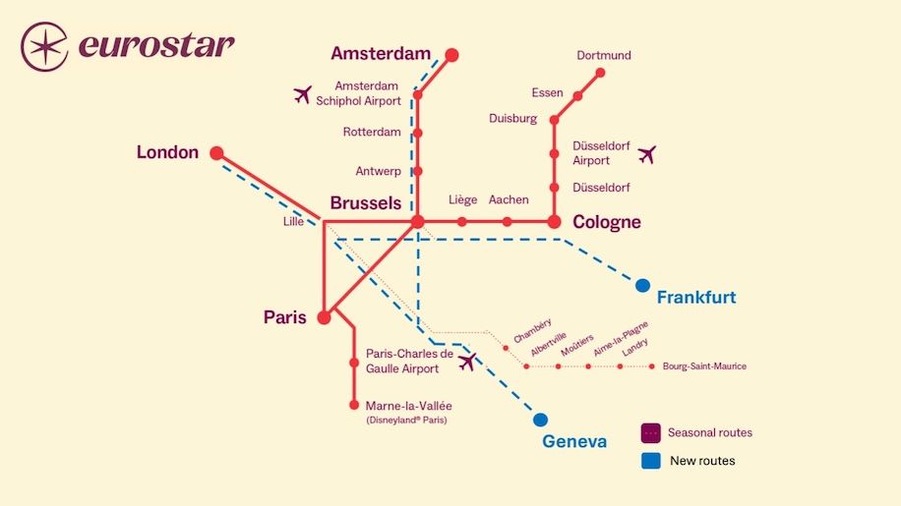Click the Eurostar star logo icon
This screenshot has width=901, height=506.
pyautogui.click(x=43, y=46)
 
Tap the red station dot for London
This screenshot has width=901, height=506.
pyautogui.click(x=216, y=153)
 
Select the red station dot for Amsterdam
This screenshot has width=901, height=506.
pyautogui.click(x=451, y=55)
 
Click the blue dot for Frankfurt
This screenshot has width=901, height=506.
pyautogui.click(x=642, y=285)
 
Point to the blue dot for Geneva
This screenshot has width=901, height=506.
pyautogui.click(x=540, y=420)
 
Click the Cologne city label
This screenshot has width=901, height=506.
pyautogui.click(x=607, y=223)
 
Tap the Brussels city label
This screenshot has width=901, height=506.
pyautogui.click(x=366, y=203)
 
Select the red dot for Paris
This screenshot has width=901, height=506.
pyautogui.click(x=325, y=317)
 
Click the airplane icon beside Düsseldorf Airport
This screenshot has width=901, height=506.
pyautogui.click(x=646, y=154)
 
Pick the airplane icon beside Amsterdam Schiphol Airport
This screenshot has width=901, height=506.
pyautogui.click(x=303, y=94)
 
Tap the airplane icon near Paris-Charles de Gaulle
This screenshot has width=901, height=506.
pyautogui.click(x=466, y=362)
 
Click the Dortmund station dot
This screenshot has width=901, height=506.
pyautogui.click(x=600, y=73)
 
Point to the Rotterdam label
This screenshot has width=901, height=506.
pyautogui.click(x=372, y=132)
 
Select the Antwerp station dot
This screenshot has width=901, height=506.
pyautogui.click(x=418, y=171)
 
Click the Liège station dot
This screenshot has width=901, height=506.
pyautogui.click(x=461, y=222)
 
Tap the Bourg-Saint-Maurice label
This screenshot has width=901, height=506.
pyautogui.click(x=704, y=366)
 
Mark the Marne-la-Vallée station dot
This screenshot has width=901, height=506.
pyautogui.click(x=354, y=404)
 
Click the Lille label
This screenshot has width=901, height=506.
pyautogui.click(x=293, y=222)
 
